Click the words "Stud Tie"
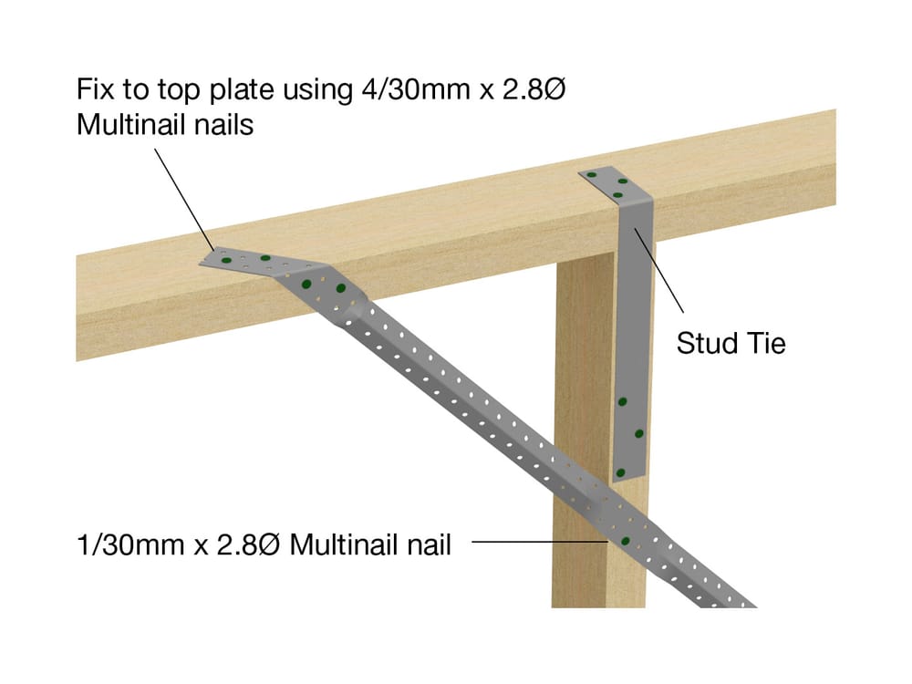[731, 344]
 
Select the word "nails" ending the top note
[218, 124]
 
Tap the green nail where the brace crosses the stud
[626, 541]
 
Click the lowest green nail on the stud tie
[620, 472]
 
